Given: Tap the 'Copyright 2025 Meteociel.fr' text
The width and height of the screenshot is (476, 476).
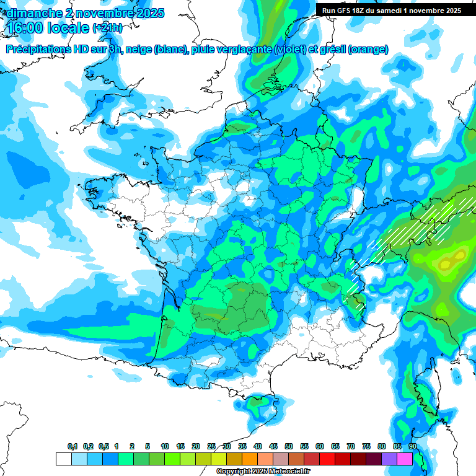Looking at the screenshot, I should [263, 472].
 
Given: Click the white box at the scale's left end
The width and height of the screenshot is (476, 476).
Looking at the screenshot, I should [63, 459].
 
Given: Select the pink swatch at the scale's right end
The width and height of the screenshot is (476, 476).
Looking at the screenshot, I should [405, 459].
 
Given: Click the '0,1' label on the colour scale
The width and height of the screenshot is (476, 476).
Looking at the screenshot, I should [72, 447].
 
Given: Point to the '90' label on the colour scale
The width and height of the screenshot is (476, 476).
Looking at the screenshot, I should [413, 447].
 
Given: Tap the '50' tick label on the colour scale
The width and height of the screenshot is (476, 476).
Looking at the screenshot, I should [289, 447].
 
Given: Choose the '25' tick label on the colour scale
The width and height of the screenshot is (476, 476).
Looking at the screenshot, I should [211, 447].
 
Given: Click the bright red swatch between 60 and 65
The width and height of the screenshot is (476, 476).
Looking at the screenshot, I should [327, 459].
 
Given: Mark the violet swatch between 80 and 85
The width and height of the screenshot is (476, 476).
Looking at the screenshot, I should [389, 459].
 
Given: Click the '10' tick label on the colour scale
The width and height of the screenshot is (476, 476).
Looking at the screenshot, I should [165, 447].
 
